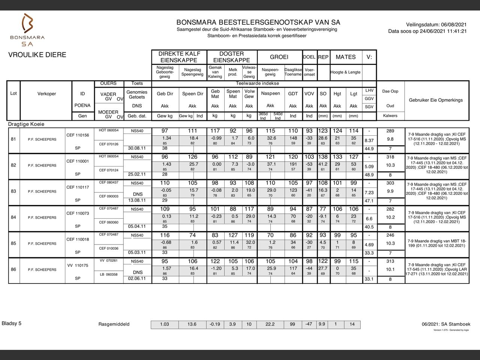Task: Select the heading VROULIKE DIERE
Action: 37,55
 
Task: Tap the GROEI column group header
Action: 279,57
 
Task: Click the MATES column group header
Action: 345,57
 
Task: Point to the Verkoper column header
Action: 46,94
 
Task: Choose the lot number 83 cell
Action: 13,191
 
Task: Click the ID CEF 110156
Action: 78,135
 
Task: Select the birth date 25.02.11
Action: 137,174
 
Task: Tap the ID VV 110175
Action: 78,265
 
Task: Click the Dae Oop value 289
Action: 390,131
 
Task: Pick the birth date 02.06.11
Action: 137,279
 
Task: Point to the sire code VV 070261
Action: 108,261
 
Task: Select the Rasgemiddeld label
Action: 114,324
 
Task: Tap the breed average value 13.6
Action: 192,324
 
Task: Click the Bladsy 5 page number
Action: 12,323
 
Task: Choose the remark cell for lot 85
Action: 437,243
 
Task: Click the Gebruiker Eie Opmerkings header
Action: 436,100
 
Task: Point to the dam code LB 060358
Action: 108,274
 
